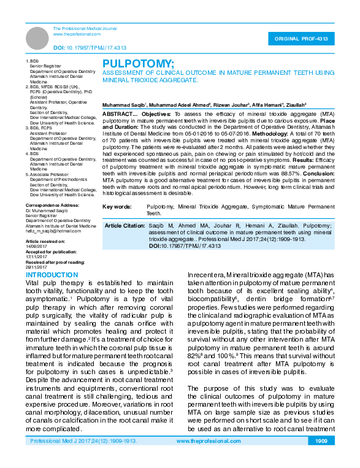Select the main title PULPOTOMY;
[x=138, y=64]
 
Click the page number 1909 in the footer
[x=321, y=458]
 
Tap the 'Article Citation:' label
[x=125, y=226]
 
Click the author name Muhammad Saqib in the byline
[x=122, y=105]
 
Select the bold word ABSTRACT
[x=118, y=115]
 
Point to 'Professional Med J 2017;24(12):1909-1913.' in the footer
[x=83, y=458]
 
